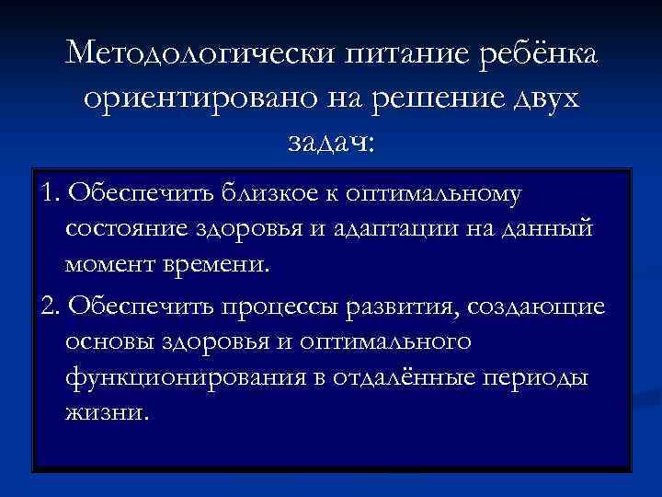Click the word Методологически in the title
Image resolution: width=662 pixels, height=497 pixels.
click(x=200, y=54)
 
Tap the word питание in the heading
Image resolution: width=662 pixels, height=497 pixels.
click(x=409, y=54)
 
